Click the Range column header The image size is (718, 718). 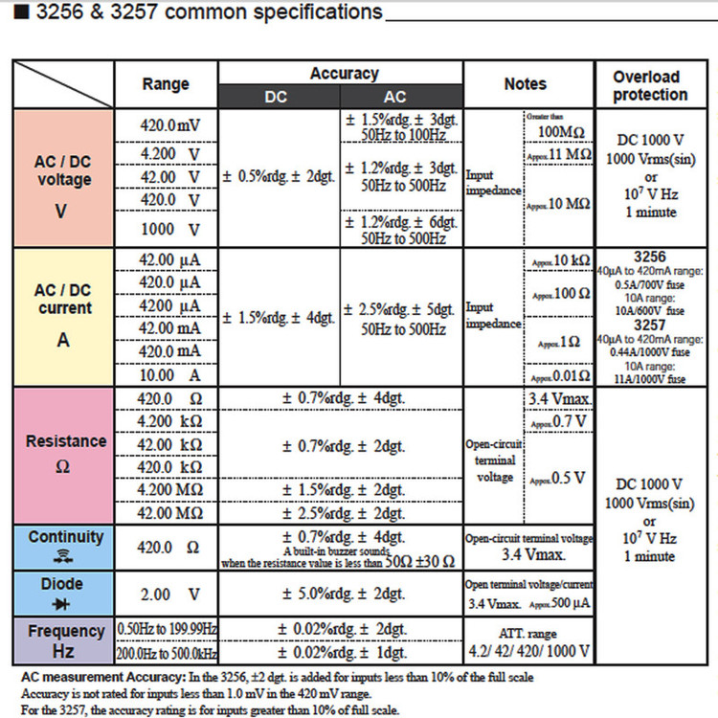tap(166, 84)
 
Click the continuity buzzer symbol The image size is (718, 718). tap(65, 556)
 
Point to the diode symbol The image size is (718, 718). tap(65, 604)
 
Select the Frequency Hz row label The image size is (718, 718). tap(65, 640)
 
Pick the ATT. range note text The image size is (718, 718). tap(528, 633)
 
